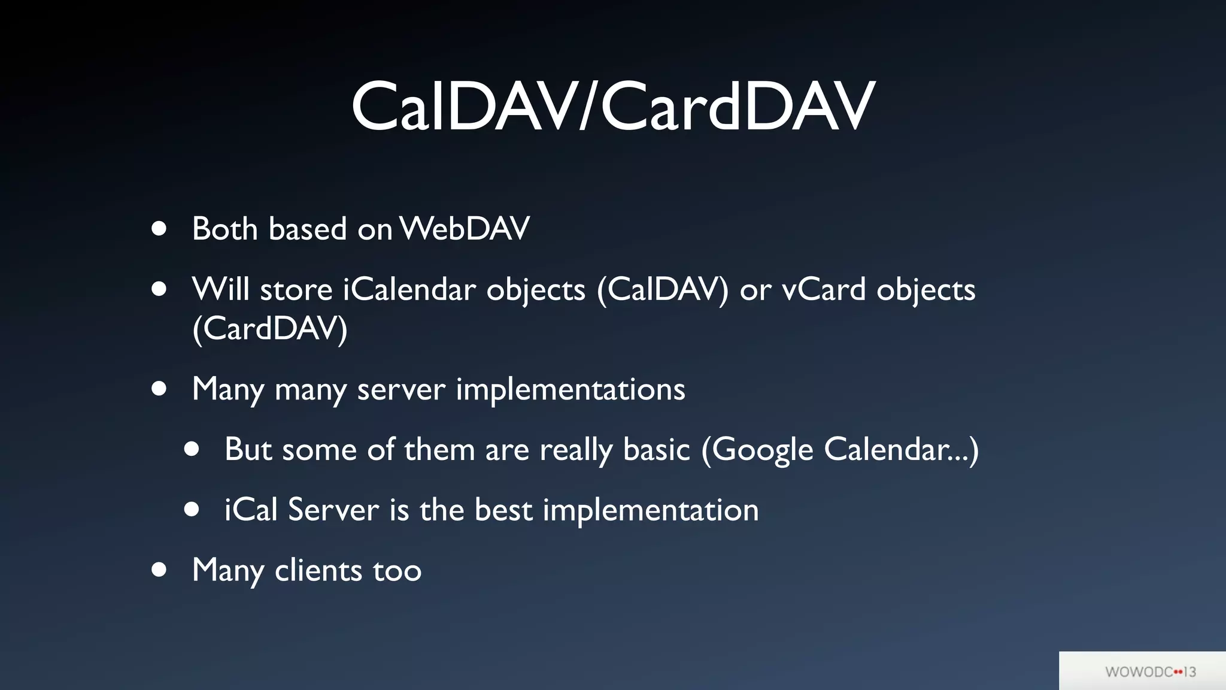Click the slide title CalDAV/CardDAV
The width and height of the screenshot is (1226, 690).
613,107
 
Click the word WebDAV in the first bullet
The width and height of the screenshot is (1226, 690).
465,229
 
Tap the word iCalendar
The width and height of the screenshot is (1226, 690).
409,290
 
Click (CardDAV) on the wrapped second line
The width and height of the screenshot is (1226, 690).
269,329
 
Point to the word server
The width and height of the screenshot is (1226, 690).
401,390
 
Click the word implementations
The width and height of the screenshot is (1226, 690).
570,390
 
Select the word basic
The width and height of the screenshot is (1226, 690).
657,450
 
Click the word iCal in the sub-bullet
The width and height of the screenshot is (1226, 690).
250,510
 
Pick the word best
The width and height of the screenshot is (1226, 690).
503,510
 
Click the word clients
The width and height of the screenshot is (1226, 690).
318,570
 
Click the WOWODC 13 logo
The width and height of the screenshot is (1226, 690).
1150,671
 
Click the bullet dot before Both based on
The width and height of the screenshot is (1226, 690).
159,229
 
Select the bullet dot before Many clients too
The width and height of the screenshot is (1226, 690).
159,570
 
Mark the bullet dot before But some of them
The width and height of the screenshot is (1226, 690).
192,449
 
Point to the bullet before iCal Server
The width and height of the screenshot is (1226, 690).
192,510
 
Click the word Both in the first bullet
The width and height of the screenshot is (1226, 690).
224,229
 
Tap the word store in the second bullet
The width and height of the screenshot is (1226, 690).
296,290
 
